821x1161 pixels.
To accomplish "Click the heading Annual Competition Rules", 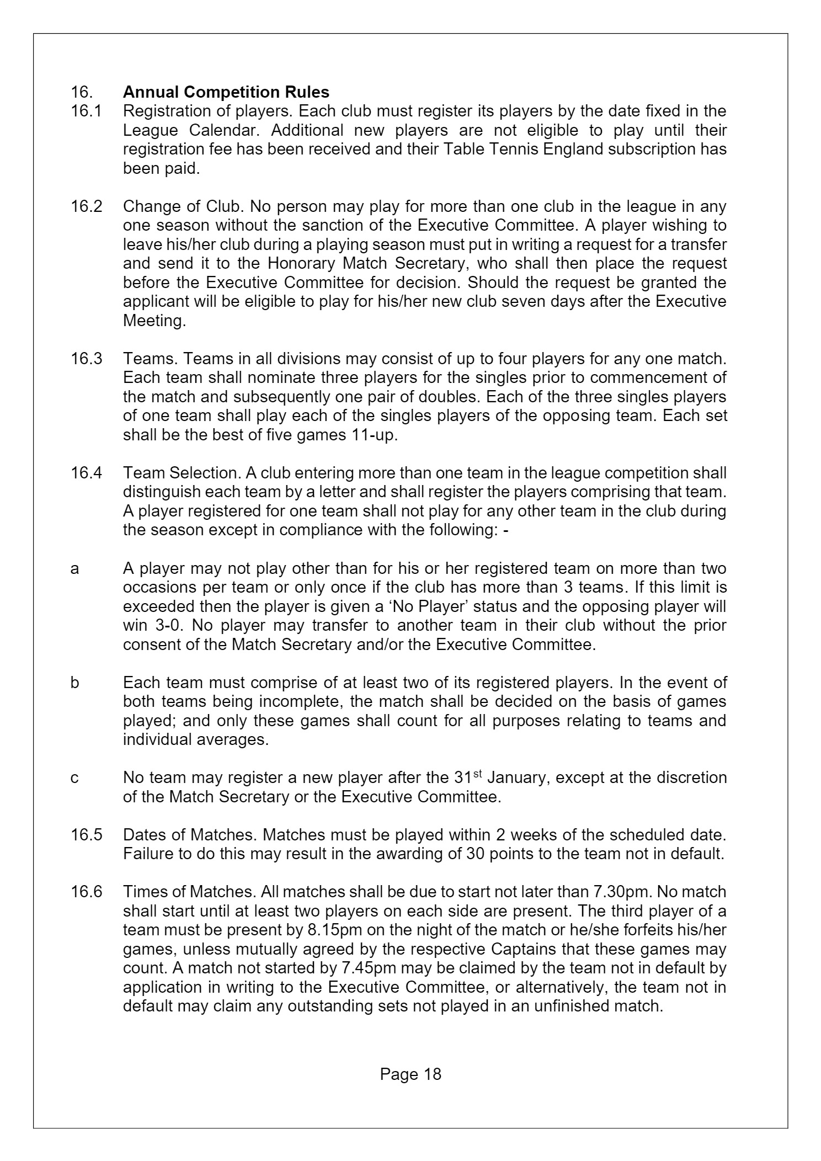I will pyautogui.click(x=226, y=92).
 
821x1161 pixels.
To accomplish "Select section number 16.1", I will pyautogui.click(x=86, y=111).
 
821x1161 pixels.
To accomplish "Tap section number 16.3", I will pyautogui.click(x=86, y=359).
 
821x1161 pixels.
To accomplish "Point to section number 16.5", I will pyautogui.click(x=86, y=835).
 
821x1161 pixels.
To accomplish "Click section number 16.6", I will pyautogui.click(x=86, y=892).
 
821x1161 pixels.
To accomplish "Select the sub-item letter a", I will pyautogui.click(x=75, y=568).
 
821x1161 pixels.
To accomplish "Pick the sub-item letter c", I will pyautogui.click(x=75, y=778).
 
